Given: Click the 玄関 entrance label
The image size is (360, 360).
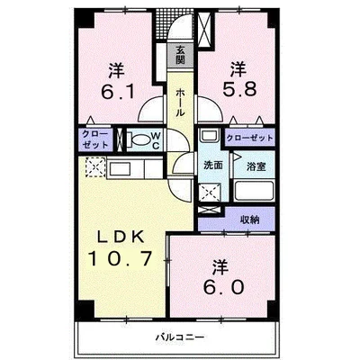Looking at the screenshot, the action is point(180,55).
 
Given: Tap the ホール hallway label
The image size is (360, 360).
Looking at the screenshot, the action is point(180,103).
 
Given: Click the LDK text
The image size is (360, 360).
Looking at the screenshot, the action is point(119,238).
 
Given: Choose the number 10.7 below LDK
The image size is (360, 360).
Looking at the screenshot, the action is point(120,258).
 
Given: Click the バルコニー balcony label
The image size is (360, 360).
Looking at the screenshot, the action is point(180,337).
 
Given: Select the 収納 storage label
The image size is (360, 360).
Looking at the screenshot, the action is point(250,220).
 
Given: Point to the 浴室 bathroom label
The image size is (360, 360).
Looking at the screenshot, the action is point(256,166).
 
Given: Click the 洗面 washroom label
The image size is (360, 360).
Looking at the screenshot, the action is point(213,166).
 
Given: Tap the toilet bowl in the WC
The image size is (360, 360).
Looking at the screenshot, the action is point(139,140).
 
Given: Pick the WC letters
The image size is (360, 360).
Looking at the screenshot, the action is point(156,140).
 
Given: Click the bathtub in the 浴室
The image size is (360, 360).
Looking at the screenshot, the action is point(255,191).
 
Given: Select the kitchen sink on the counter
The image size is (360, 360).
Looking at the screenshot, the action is point(120,169).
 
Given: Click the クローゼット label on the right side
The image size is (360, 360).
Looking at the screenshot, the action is point(250,138).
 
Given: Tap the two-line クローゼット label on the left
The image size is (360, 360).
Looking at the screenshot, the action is point(95,139).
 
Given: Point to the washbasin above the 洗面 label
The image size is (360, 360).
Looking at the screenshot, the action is point(210,135).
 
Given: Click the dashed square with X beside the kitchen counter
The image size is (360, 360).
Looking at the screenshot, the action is point(95,167).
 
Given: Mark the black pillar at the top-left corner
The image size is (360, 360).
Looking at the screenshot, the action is point(84,18).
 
